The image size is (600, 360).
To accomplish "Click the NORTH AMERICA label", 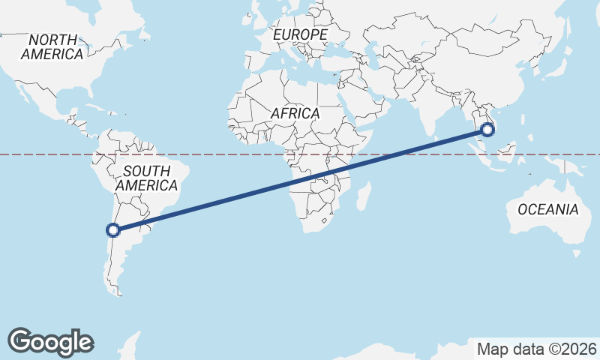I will [x=52, y=46].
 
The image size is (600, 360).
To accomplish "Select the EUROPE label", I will [x=300, y=34].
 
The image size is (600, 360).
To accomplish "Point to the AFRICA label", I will [x=295, y=113].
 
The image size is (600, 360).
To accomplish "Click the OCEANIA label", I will [x=548, y=209].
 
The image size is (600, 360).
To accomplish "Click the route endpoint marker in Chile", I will [x=112, y=230].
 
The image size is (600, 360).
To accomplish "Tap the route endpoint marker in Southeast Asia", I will [x=487, y=130].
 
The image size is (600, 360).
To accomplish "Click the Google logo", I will [x=51, y=341].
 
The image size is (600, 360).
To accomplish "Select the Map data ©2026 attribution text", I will [x=537, y=349].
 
